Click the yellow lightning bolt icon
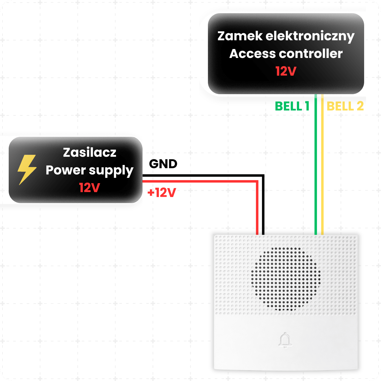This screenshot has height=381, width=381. [x=27, y=170]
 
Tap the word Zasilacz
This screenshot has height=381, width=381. [x=90, y=152]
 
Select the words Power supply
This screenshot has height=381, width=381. [x=89, y=171]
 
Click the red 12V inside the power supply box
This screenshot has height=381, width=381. [x=89, y=188]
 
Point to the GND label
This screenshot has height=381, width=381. [x=163, y=164]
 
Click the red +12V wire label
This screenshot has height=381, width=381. [x=162, y=192]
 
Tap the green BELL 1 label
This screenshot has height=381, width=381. [x=292, y=106]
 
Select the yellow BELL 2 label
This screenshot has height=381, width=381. [x=345, y=106]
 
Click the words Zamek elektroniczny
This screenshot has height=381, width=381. [x=286, y=36]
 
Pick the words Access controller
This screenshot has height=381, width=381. [x=286, y=54]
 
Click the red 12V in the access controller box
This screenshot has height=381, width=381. [x=286, y=71]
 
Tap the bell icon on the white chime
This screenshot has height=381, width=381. [x=285, y=340]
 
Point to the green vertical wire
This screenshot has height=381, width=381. [x=316, y=164]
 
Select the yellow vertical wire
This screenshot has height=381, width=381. [x=322, y=164]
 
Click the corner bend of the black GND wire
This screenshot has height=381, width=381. [x=263, y=176]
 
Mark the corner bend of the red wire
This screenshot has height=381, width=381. [x=257, y=181]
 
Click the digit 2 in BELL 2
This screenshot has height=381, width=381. [x=360, y=106]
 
